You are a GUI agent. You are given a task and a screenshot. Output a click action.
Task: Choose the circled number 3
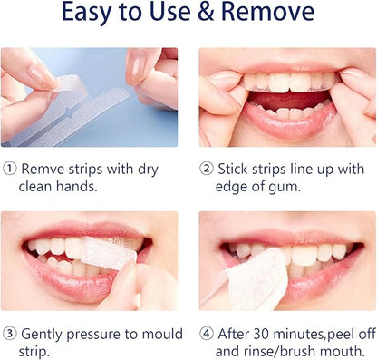[x=8, y=335]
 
